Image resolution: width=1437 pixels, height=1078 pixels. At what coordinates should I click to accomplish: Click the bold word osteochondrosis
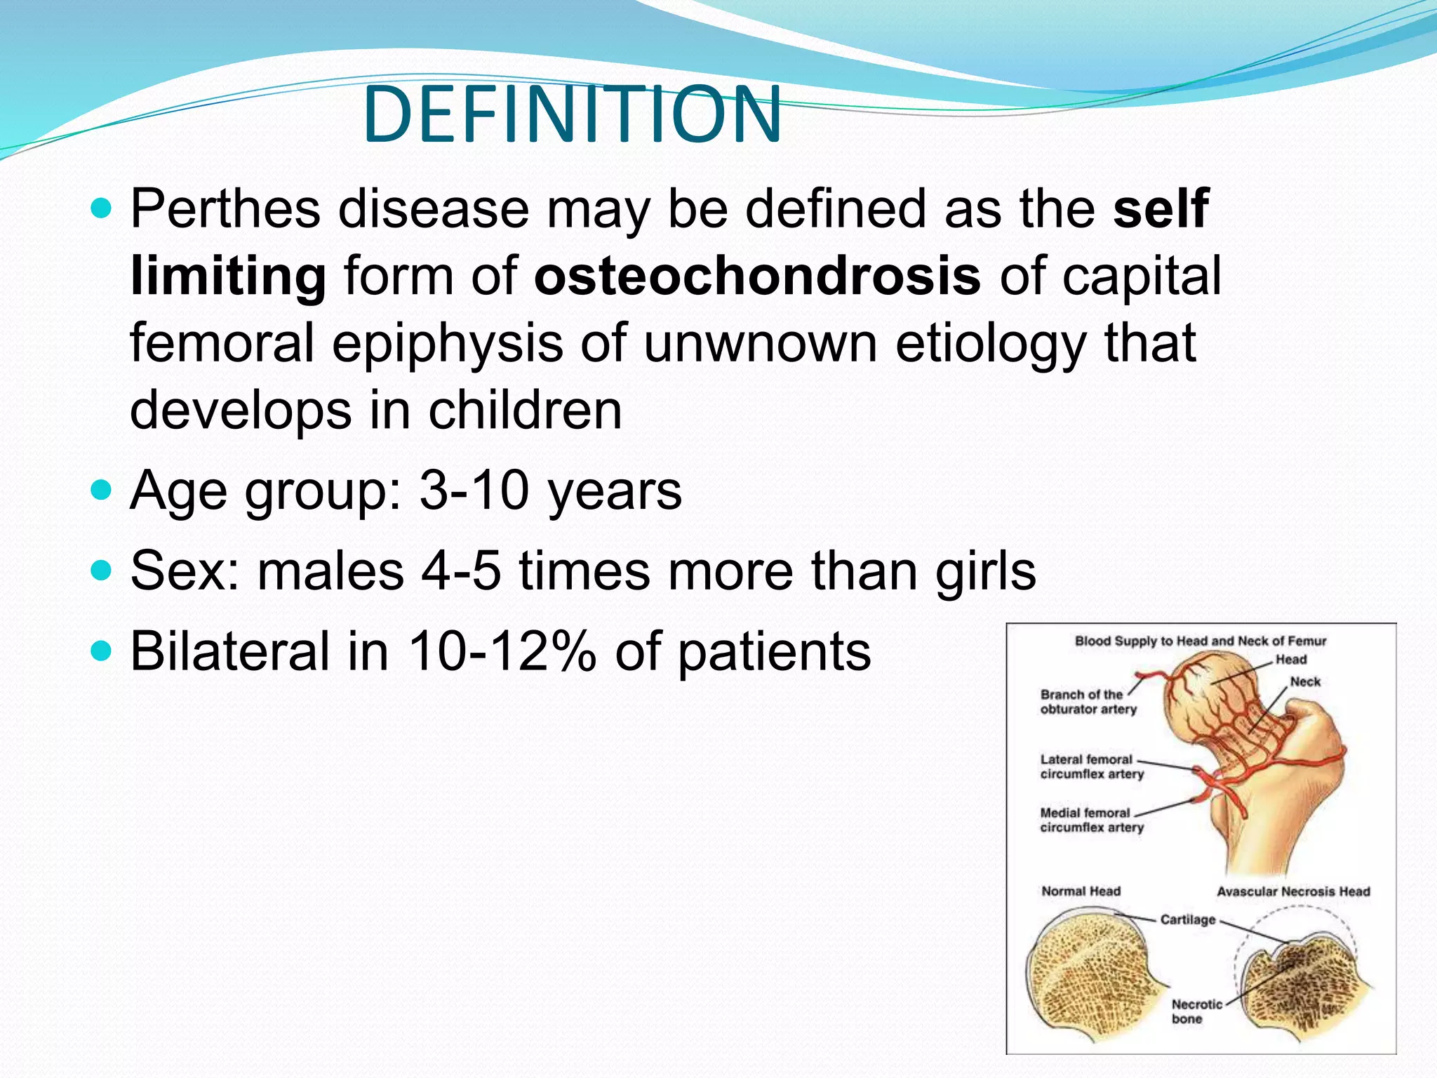pos(757,276)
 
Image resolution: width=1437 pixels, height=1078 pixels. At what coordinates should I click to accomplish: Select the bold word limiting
pos(228,276)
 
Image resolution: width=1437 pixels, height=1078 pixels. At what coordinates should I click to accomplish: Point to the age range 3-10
pos(474,490)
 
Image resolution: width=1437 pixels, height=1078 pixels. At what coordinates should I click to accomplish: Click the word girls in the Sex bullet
pos(985,570)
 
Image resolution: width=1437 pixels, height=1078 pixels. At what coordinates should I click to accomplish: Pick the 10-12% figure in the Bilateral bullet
pos(502,651)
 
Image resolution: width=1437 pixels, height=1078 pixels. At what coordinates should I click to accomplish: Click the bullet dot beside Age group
pos(102,489)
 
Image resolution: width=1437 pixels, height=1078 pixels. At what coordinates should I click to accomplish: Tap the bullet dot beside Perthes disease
pos(102,208)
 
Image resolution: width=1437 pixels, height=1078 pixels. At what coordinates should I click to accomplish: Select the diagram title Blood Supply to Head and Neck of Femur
pos(1201,641)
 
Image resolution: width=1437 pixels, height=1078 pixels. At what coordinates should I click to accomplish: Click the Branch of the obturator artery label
pos(1088,702)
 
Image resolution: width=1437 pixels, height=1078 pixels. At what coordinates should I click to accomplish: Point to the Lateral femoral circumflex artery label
pos(1091,766)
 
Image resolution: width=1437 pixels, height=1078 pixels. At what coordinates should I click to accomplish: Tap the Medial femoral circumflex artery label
pos(1091,820)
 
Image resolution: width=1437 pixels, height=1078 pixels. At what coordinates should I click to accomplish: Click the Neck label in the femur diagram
pos(1305,681)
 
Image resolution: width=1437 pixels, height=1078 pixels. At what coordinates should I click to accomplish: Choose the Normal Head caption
pos(1081,891)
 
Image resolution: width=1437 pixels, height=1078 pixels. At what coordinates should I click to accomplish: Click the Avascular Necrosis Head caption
pos(1293,891)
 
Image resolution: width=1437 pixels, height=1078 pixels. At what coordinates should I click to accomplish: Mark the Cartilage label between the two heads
pos(1187,919)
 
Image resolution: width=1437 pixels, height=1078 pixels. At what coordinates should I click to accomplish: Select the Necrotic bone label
pos(1196,1011)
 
